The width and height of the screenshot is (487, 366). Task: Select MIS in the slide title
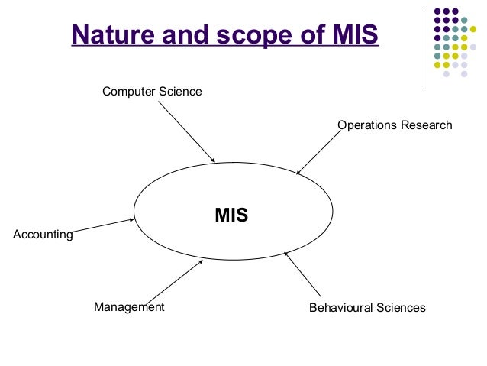(x=350, y=36)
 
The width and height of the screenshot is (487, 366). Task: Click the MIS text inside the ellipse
(x=231, y=215)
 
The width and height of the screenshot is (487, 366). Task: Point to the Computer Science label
(x=152, y=92)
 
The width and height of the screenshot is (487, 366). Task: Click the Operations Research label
(x=395, y=125)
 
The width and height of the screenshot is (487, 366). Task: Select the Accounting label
(x=43, y=235)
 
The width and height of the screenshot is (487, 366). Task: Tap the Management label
(x=129, y=307)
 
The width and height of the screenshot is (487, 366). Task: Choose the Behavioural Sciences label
(x=366, y=308)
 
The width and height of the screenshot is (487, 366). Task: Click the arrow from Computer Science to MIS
(x=186, y=131)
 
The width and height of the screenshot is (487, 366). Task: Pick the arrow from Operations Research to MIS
(x=317, y=153)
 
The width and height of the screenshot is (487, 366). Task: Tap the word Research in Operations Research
(x=427, y=125)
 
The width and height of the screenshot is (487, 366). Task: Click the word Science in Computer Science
(x=181, y=92)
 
